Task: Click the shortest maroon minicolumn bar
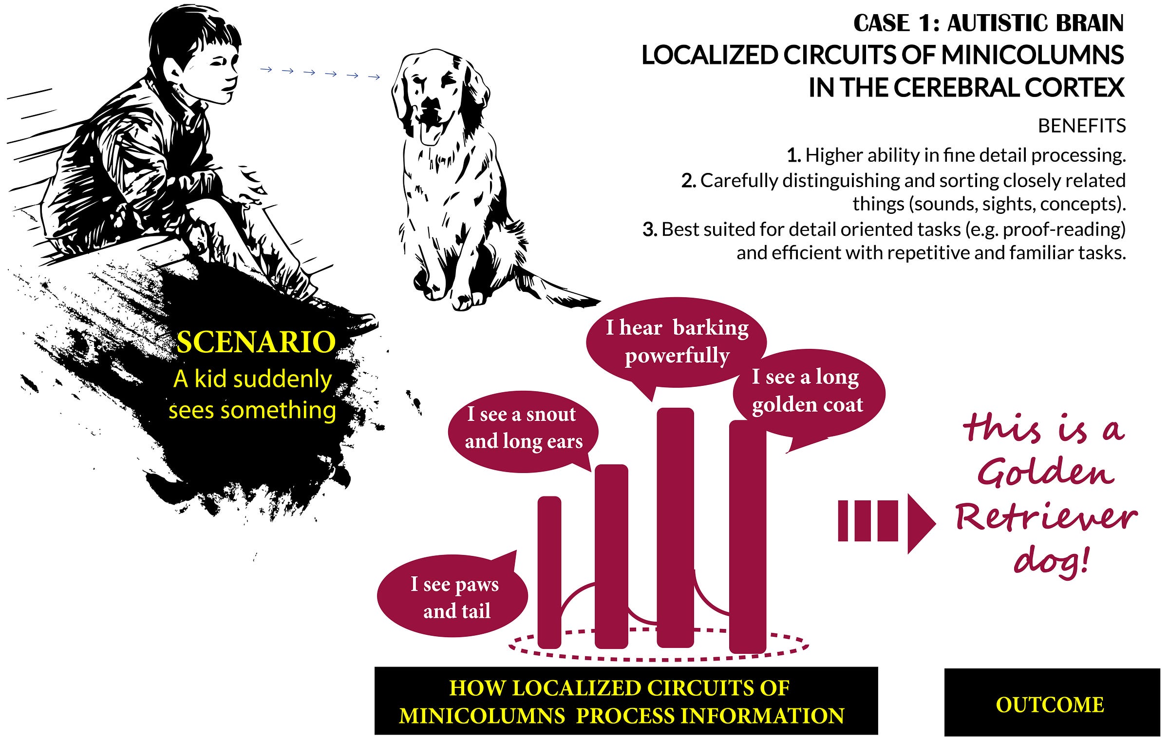tap(549, 572)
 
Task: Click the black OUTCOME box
tap(1052, 702)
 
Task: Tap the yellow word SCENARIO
tap(256, 342)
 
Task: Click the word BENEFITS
tap(1082, 126)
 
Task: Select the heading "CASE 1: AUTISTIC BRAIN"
tap(989, 23)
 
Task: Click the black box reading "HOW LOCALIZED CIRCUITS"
tap(626, 701)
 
